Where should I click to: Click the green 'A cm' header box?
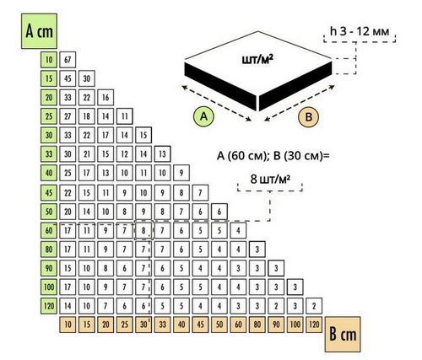point(39,31)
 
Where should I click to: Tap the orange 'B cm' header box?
point(343,334)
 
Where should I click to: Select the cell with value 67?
point(68,60)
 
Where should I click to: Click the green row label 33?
point(49,154)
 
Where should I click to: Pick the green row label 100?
point(49,287)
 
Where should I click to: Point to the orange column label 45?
point(200,325)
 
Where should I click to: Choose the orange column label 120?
point(314,325)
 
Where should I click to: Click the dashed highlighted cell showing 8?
point(143,230)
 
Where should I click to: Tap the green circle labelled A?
point(203,116)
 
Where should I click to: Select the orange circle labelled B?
point(309,116)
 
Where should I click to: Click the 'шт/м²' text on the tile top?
point(258,60)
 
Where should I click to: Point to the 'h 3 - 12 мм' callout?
point(360,31)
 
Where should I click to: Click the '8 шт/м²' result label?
point(270,179)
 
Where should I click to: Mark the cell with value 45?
point(68,78)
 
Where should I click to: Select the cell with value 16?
point(105,97)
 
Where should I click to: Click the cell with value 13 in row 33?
point(162,154)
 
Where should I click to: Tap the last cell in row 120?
point(314,306)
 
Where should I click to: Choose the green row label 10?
point(49,60)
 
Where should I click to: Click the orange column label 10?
point(68,325)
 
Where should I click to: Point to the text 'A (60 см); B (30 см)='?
point(273,155)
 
